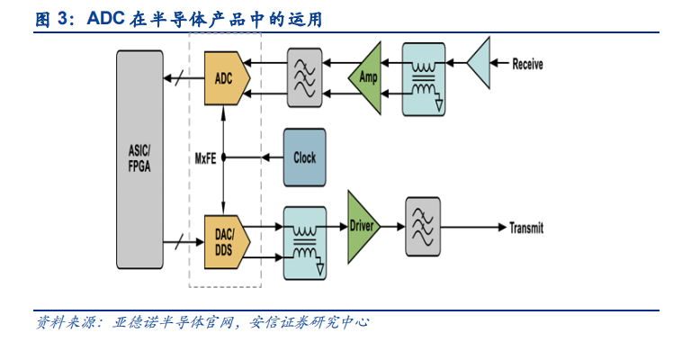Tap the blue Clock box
[x=304, y=157]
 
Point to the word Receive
[x=528, y=64]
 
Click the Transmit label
[x=526, y=228]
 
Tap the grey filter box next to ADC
[x=304, y=77]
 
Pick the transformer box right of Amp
[x=424, y=78]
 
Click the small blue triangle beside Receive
[x=480, y=63]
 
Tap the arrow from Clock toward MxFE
[x=267, y=157]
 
